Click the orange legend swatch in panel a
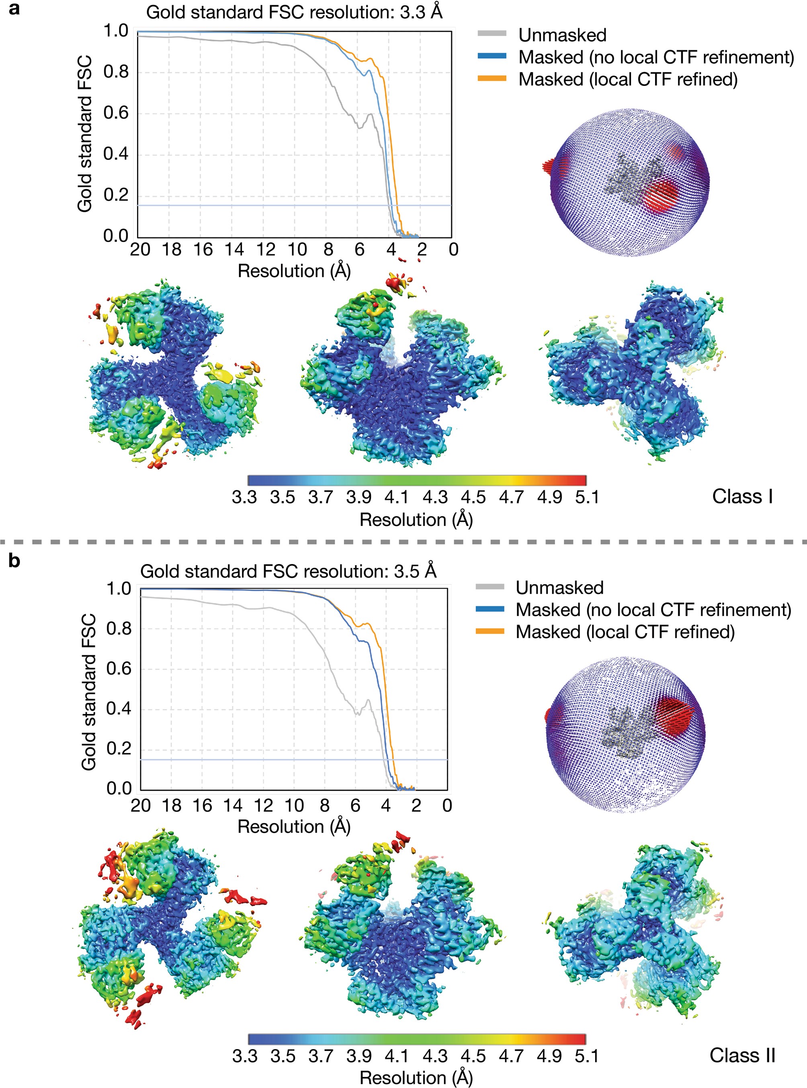pyautogui.click(x=492, y=79)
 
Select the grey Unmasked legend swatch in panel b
pyautogui.click(x=490, y=587)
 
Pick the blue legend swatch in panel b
pyautogui.click(x=490, y=609)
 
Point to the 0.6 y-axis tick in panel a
pyautogui.click(x=116, y=113)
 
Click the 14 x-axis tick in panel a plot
pyautogui.click(x=234, y=250)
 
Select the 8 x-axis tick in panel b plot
pyautogui.click(x=324, y=805)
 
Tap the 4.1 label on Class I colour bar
pyautogui.click(x=397, y=497)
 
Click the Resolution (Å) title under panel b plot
pyautogui.click(x=294, y=826)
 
